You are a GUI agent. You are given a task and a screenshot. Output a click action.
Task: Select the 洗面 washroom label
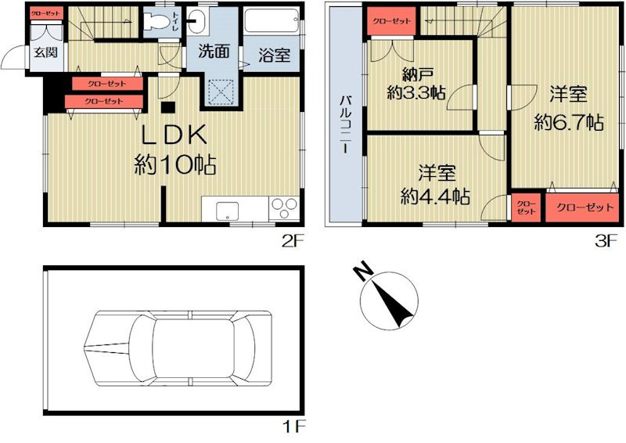click(213, 53)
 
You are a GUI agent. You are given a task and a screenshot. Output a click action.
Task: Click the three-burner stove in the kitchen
click(283, 209)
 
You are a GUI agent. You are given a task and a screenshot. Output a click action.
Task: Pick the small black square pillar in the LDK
click(167, 107)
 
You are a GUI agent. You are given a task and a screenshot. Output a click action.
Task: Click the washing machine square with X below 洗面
click(222, 92)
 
